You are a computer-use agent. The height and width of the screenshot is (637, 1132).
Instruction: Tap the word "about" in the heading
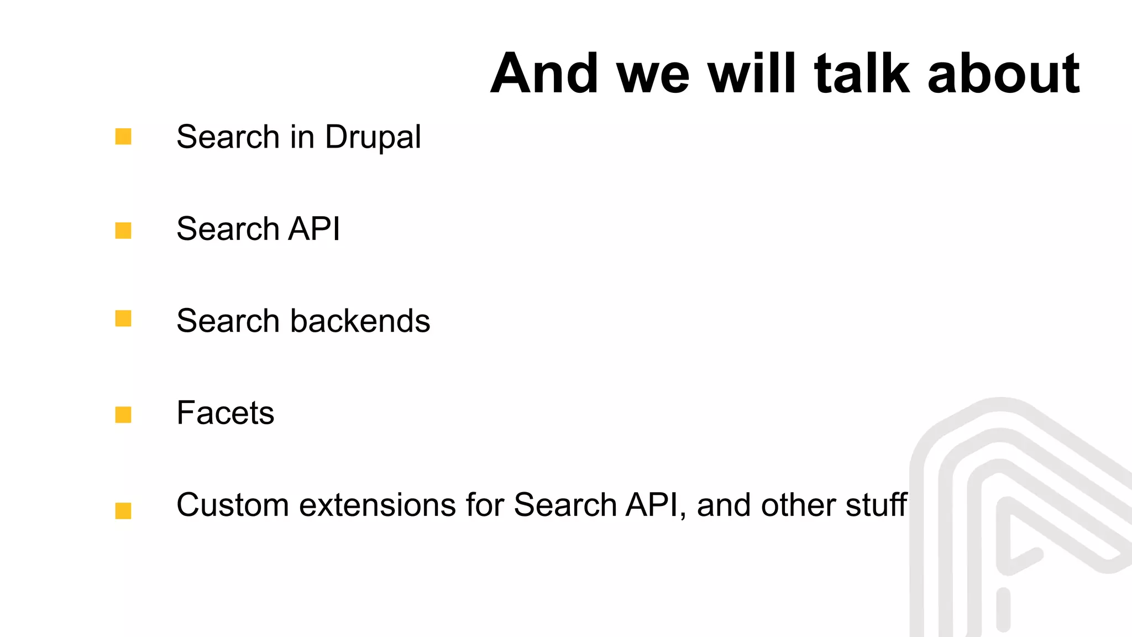pos(1003,73)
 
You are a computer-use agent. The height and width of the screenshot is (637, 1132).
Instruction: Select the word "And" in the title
pos(544,73)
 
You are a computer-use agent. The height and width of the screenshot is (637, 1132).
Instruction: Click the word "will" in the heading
pos(752,73)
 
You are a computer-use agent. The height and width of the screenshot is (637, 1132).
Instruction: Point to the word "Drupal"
pos(373,137)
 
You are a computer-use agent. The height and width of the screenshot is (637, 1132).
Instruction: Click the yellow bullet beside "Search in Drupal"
pos(123,137)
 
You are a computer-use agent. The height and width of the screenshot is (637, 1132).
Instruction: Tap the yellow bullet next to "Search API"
pos(123,231)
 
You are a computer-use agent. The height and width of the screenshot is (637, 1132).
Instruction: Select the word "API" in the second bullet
pos(314,229)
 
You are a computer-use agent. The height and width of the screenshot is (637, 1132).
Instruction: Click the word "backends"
pos(360,321)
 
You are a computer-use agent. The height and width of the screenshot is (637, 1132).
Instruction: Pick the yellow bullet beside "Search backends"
pos(123,318)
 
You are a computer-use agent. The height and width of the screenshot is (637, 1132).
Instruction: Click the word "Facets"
pos(226,413)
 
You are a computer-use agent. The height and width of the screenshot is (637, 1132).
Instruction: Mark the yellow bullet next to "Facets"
pos(123,415)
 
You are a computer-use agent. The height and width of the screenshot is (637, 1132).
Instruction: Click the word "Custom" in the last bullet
pos(233,505)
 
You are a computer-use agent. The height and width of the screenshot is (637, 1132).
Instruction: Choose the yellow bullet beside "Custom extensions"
pos(123,510)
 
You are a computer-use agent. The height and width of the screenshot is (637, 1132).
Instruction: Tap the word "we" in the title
pos(653,73)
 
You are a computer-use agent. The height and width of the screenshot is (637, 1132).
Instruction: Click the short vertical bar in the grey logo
pos(1003,609)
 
